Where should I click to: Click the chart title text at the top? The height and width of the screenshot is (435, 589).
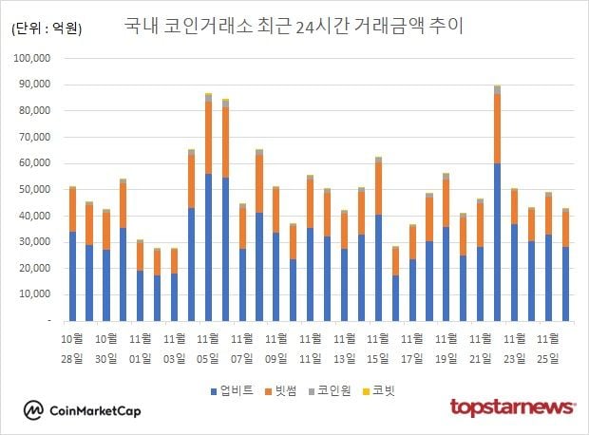[x=294, y=26]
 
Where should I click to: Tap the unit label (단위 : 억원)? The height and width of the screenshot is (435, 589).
[x=47, y=28]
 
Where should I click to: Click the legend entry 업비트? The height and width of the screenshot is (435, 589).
[x=232, y=390]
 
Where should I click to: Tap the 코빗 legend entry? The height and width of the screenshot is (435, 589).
[x=383, y=390]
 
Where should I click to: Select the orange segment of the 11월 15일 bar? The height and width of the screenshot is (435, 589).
[x=378, y=188]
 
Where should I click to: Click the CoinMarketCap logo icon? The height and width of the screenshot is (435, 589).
[x=34, y=410]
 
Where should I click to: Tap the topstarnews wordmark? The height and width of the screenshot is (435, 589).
[x=513, y=407]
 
